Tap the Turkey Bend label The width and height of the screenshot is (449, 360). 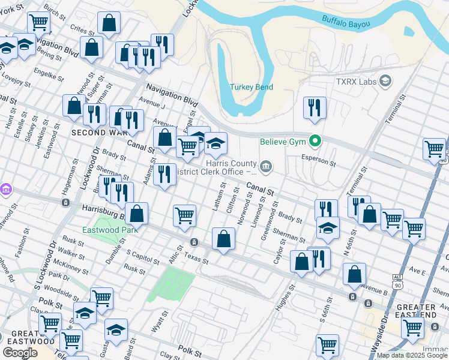pos(252,87)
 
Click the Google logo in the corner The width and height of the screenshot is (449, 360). pos(20,352)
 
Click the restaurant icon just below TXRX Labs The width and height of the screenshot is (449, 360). pos(315,108)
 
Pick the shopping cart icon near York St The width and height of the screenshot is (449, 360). pos(38,23)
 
